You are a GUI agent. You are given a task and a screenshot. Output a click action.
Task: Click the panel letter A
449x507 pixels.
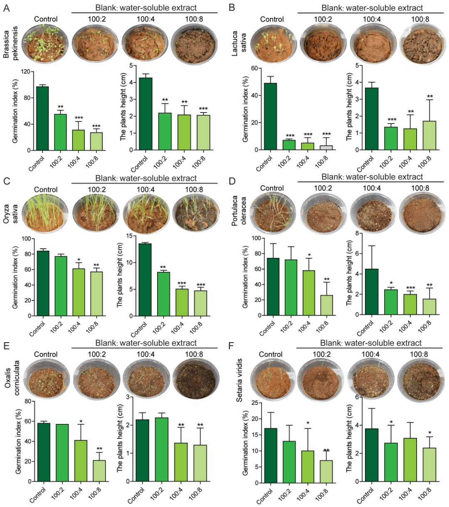[x=7, y=7]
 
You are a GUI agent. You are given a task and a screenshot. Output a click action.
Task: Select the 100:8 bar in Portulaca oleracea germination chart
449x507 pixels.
[x=326, y=305]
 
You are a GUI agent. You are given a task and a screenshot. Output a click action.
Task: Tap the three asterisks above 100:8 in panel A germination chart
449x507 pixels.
[x=96, y=127]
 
